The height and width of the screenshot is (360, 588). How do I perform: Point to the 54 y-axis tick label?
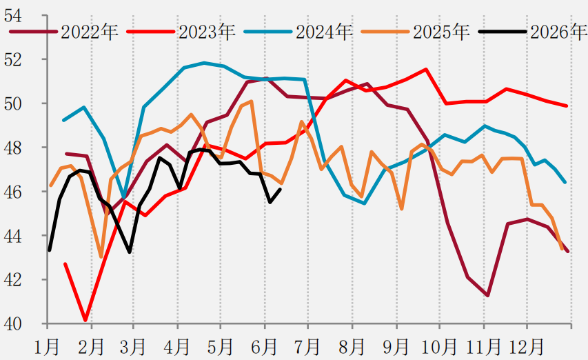pos(13,16)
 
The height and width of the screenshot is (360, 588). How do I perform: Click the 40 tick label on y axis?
pos(13,324)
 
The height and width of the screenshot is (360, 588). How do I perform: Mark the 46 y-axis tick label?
pos(13,192)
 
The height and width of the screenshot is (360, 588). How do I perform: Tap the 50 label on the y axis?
pos(13,104)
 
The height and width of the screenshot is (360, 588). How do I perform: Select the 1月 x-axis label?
pos(47,346)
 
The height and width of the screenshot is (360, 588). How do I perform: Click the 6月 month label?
pos(265,346)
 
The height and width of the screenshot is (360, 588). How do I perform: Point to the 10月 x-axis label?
pos(439,346)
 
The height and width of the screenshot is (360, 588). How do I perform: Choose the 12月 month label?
pos(526,346)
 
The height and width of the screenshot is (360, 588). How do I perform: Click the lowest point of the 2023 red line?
pos(85,320)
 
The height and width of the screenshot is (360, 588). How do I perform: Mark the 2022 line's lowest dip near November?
pos(487,295)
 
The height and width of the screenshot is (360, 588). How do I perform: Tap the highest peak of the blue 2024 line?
pos(204,63)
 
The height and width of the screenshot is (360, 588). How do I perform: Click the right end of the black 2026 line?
pos(281,190)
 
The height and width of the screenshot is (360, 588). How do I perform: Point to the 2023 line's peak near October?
pos(426,70)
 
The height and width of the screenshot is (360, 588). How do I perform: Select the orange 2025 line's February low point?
pos(101,257)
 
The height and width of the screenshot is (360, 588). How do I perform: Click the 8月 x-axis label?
pos(352,346)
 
